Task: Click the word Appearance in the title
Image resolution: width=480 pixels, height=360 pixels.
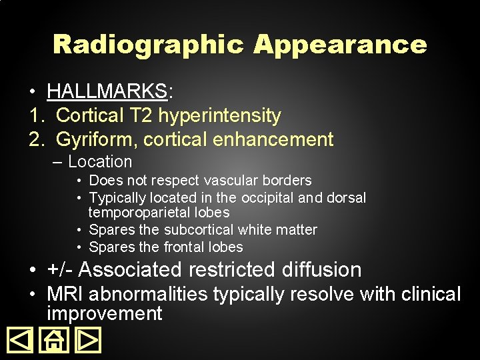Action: coord(339,45)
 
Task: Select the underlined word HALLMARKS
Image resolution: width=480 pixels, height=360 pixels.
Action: coord(107,91)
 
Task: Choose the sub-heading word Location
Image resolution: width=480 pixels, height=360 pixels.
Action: coord(100,162)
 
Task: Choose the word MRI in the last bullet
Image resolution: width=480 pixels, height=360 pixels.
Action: coord(67,294)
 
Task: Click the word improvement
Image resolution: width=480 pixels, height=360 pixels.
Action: coord(105,314)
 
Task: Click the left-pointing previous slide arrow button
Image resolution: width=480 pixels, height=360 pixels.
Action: coord(20,340)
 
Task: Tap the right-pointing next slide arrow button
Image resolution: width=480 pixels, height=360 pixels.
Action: coord(87,340)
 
